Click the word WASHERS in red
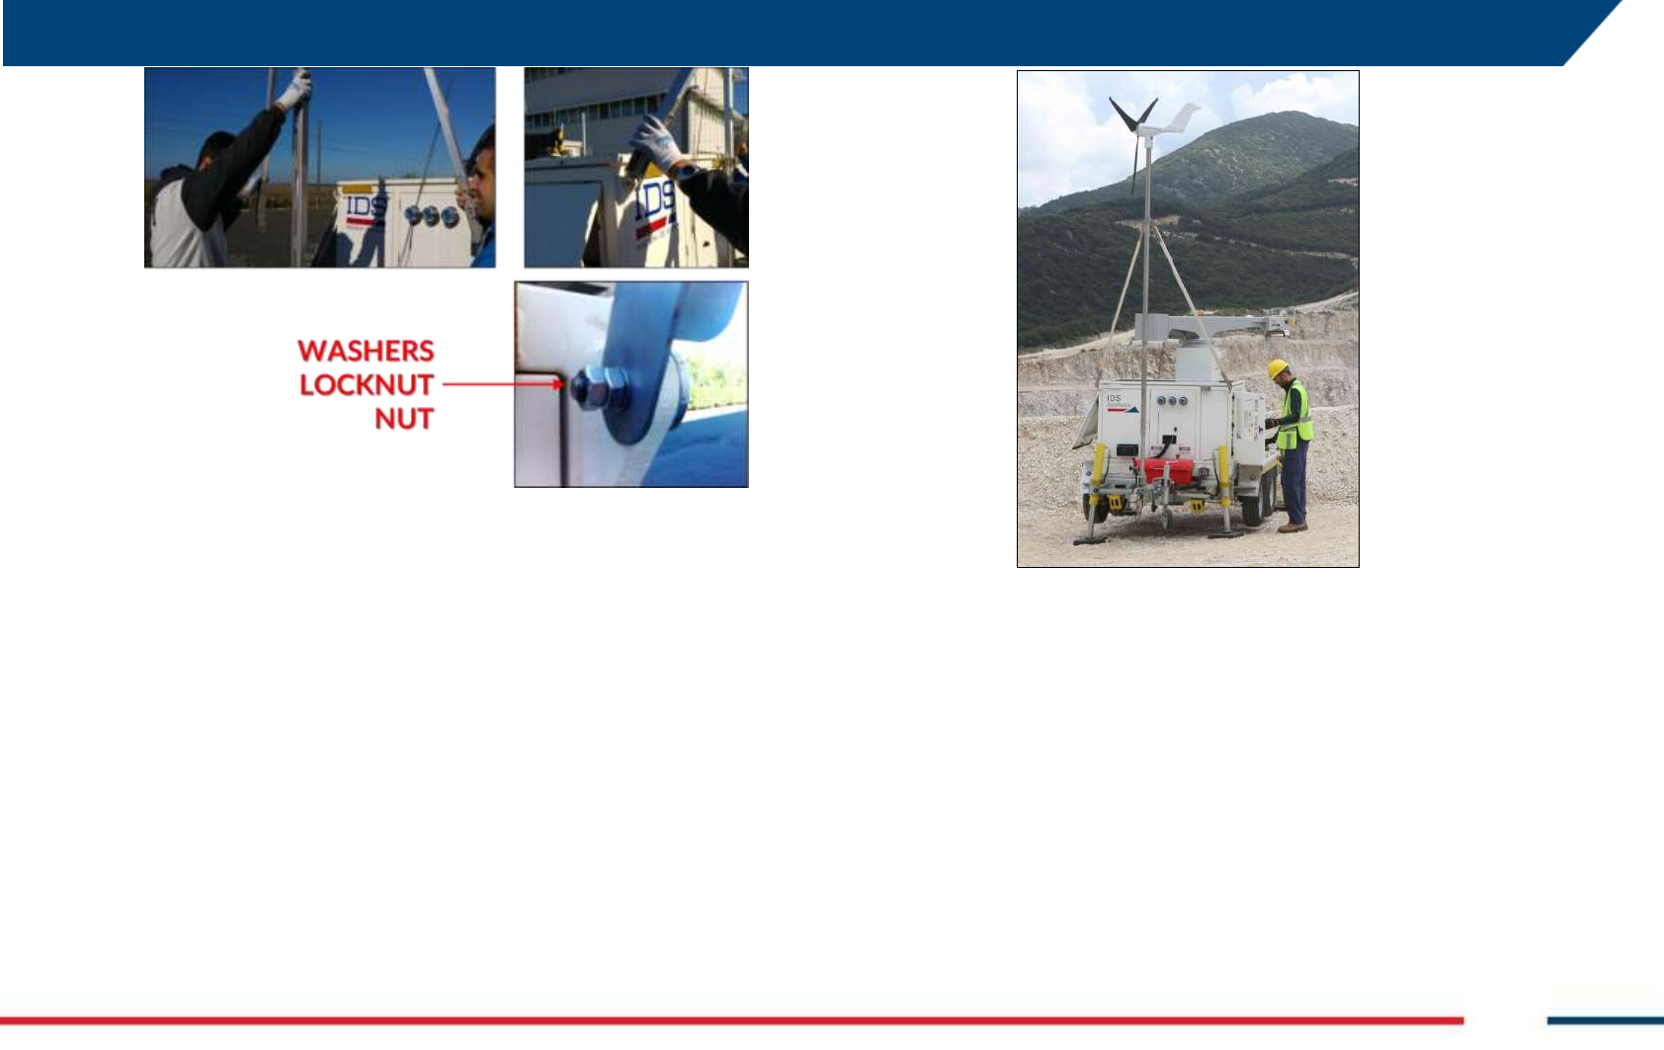tap(366, 351)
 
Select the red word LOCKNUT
tap(367, 384)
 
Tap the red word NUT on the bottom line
tap(404, 419)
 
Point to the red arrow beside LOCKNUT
tap(503, 384)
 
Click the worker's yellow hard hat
tap(1278, 368)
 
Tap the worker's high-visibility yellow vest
tap(1295, 416)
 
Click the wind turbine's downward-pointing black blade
tap(1134, 162)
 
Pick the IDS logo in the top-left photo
tap(366, 207)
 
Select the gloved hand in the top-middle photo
tap(657, 145)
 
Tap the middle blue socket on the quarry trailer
tap(1172, 401)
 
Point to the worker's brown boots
tap(1291, 526)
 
